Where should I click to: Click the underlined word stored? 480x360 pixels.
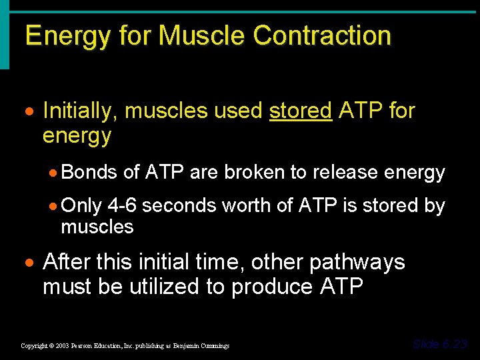pyautogui.click(x=301, y=111)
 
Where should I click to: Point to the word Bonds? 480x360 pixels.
pyautogui.click(x=89, y=173)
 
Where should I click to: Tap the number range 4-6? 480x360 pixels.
pyautogui.click(x=122, y=206)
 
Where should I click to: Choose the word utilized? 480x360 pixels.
pyautogui.click(x=168, y=287)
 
